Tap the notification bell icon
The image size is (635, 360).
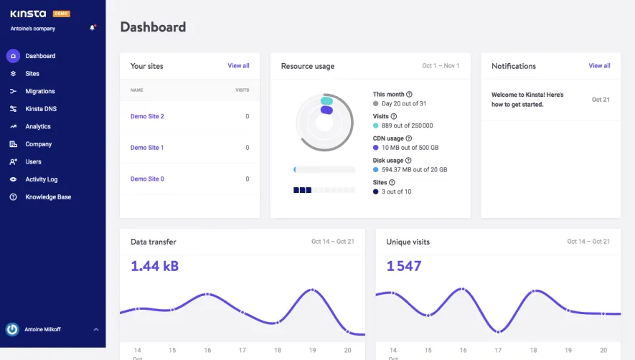point(92,28)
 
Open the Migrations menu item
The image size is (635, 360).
point(39,91)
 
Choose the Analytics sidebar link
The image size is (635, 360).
point(38,126)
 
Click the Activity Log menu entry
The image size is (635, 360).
point(41,179)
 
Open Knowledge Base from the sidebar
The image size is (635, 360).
point(48,196)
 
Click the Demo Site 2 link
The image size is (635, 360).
point(147,116)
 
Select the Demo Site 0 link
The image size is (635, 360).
point(147,179)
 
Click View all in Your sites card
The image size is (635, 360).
point(238,66)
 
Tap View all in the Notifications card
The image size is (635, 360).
point(599,66)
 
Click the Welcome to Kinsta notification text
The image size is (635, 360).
point(527,100)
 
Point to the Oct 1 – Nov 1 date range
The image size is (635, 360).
point(441,66)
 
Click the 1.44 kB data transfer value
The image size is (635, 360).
point(154,266)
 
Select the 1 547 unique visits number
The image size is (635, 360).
point(404,266)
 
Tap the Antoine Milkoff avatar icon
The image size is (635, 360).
point(12,329)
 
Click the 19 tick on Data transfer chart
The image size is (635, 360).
point(312,351)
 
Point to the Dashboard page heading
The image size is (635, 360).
point(153,27)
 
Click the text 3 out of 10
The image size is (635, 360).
point(397,191)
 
